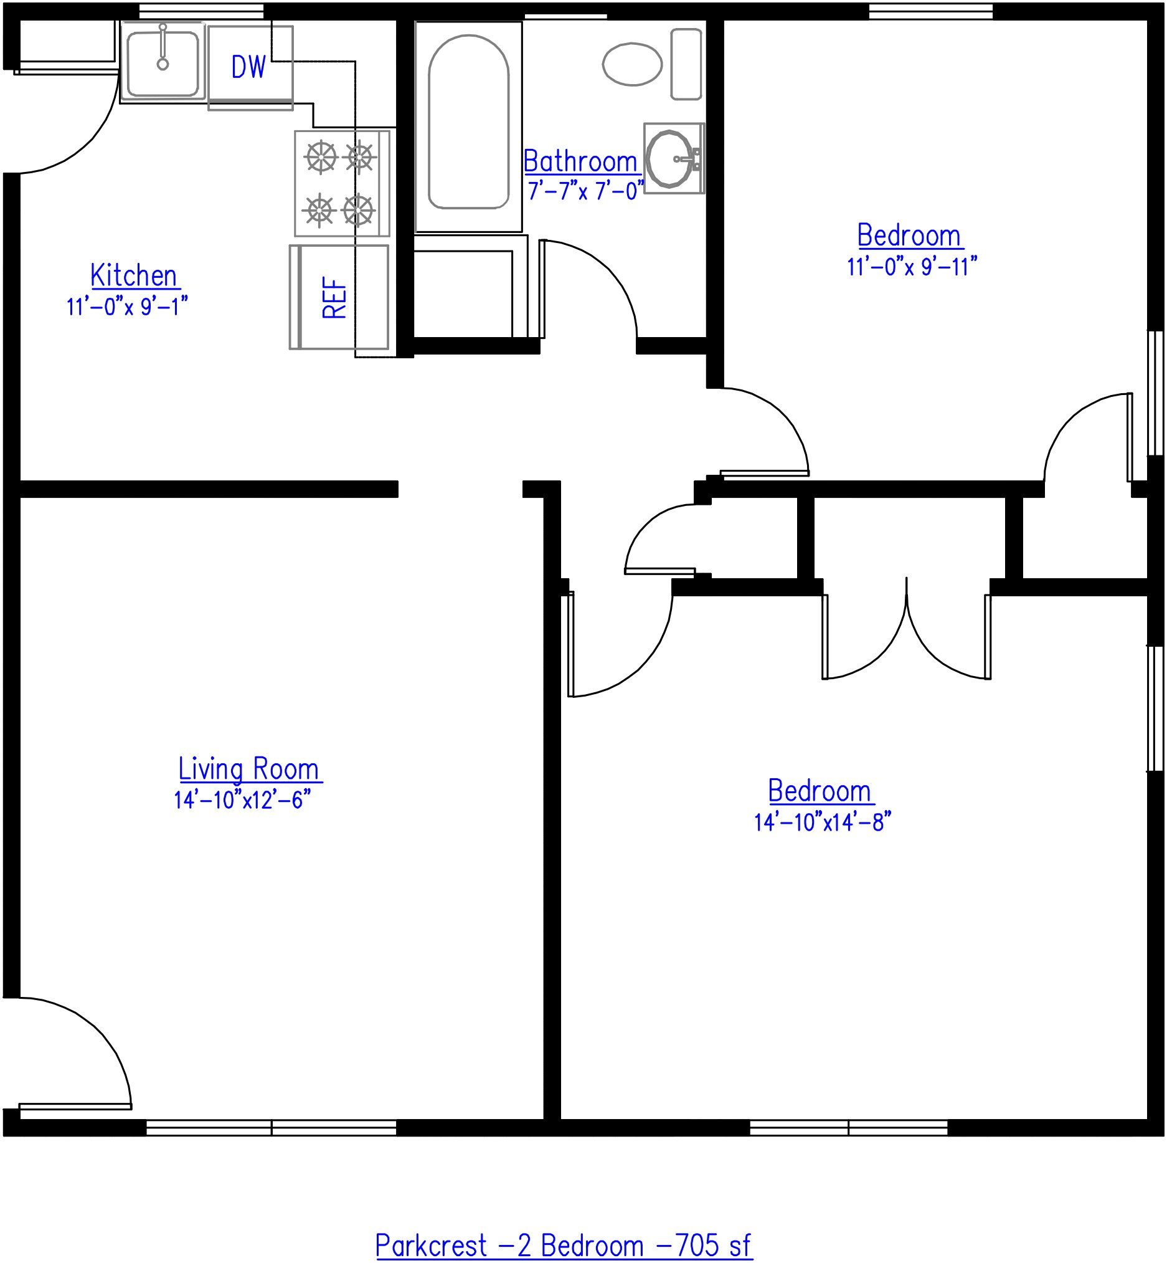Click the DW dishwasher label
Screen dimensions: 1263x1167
tap(249, 67)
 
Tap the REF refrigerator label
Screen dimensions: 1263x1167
tap(334, 298)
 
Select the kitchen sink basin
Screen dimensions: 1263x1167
tap(163, 60)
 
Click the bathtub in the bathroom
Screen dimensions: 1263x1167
tap(468, 123)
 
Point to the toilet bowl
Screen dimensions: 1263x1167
tap(632, 64)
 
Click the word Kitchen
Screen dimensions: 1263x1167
tap(134, 275)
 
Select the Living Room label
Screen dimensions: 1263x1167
tap(250, 769)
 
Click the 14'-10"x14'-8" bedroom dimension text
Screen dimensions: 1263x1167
tap(821, 822)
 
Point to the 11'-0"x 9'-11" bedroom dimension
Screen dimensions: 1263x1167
tap(911, 267)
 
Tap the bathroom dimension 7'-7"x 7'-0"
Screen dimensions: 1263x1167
tap(586, 190)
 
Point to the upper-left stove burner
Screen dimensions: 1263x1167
tap(321, 156)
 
